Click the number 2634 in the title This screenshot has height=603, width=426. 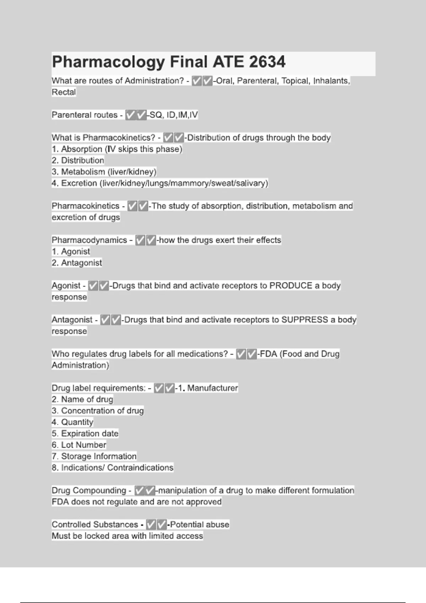click(x=267, y=62)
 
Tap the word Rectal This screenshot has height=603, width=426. click(x=64, y=92)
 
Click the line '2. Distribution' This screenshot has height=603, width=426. click(x=78, y=160)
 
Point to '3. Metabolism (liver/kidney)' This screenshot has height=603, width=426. click(x=104, y=172)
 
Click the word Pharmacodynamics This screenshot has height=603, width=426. click(x=89, y=240)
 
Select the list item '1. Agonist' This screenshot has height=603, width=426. click(x=71, y=251)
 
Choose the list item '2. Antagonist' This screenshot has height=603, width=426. click(x=77, y=263)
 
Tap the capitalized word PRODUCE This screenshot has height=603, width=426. click(x=291, y=286)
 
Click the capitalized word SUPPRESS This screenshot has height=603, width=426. click(x=305, y=320)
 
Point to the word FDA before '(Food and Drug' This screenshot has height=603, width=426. click(x=268, y=354)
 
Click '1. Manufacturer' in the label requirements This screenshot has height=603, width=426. click(x=208, y=388)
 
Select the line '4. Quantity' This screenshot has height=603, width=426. click(x=72, y=422)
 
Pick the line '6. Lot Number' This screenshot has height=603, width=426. click(x=79, y=445)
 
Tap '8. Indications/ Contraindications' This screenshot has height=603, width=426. click(x=113, y=468)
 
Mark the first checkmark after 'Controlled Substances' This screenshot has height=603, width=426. click(x=151, y=524)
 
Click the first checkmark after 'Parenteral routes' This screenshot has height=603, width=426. click(x=131, y=115)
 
